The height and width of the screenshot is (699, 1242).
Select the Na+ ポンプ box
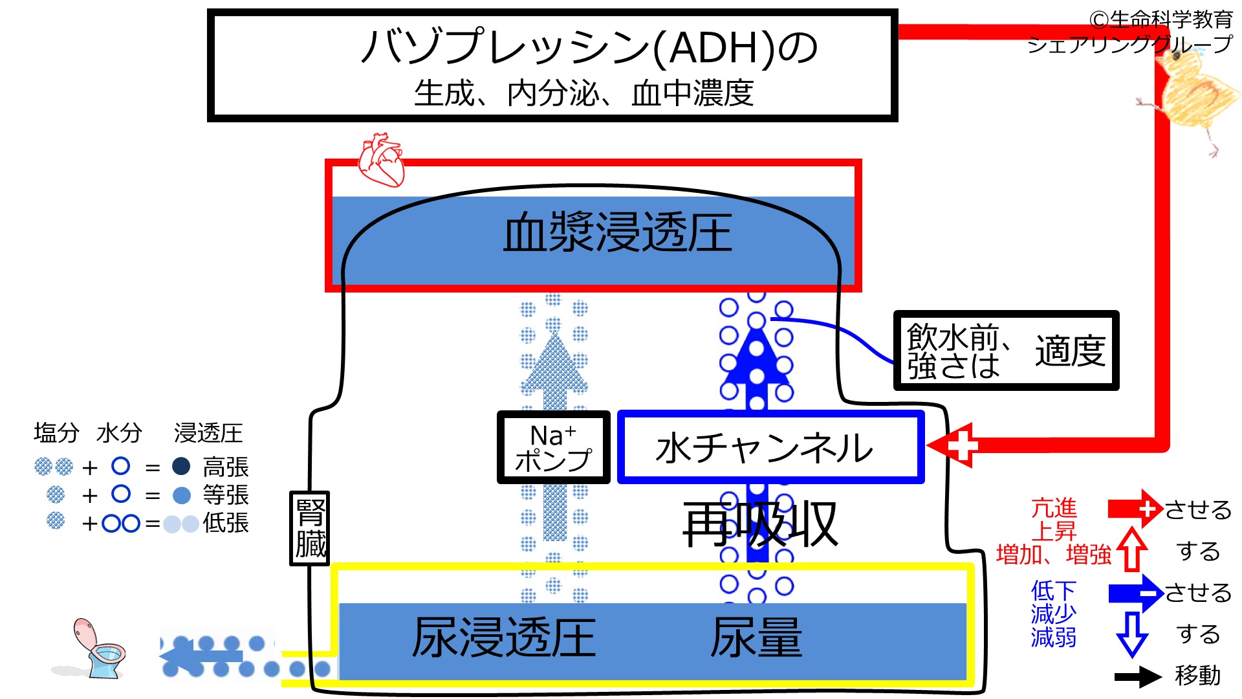[553, 447]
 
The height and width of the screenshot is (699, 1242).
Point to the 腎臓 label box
[310, 528]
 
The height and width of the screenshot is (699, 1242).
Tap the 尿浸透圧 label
[504, 638]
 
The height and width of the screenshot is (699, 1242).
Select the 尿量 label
[756, 638]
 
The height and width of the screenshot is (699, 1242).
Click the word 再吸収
[760, 524]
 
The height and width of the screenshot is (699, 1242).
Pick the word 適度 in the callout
[1070, 351]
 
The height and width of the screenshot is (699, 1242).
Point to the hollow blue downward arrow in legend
[1131, 634]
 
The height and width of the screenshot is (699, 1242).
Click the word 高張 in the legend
[226, 467]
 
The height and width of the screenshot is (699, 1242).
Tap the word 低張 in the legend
[226, 523]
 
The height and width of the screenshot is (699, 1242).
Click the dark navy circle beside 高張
[181, 466]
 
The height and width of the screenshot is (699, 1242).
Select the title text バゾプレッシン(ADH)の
[589, 47]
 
